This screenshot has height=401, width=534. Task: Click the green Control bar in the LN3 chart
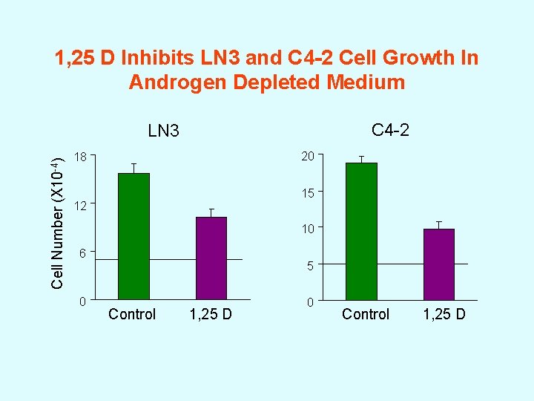(134, 236)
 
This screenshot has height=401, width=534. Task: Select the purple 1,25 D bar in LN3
(211, 258)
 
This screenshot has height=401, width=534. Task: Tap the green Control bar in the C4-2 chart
(361, 231)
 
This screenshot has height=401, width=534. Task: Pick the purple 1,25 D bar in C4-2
(438, 264)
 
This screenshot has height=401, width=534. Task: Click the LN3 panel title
(163, 132)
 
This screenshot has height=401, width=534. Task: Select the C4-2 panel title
(390, 131)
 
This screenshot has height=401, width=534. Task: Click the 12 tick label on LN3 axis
(82, 205)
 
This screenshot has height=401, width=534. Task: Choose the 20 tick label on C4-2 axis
(308, 156)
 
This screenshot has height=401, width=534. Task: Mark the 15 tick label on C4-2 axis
(308, 193)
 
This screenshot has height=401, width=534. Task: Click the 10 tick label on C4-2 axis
(308, 229)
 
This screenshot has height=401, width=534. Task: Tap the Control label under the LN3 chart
(132, 314)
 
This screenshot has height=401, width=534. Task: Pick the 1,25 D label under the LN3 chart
(211, 314)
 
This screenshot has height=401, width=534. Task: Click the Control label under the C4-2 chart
(366, 314)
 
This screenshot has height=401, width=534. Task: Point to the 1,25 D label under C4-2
(444, 314)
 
